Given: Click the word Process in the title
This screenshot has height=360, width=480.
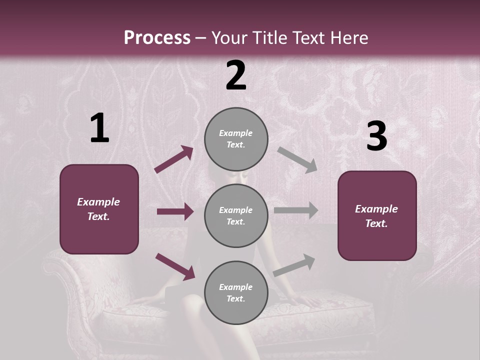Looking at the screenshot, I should (157, 38).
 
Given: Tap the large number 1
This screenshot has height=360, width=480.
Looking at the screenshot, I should (99, 128).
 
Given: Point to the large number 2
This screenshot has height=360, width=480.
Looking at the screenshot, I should (236, 75).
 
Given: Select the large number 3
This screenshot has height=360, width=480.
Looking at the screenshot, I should (376, 136).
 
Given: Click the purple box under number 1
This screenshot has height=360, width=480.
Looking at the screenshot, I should (99, 209).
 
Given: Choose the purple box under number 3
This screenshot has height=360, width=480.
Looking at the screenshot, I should (377, 215).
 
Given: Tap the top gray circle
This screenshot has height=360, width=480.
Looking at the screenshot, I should (236, 139).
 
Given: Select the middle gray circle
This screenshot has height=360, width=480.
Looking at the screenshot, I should (236, 215).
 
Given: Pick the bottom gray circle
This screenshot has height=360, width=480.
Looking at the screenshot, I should (236, 292).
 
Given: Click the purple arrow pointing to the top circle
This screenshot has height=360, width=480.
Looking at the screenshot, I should (174, 159).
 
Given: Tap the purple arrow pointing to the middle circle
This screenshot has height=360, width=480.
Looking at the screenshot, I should (175, 211).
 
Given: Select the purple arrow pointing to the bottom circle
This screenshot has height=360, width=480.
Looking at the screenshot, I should (175, 266).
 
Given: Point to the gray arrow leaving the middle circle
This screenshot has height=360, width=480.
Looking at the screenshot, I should (296, 210).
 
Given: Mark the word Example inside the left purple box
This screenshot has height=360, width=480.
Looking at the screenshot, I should (98, 202).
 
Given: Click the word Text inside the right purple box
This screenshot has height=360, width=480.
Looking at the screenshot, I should (376, 223).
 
